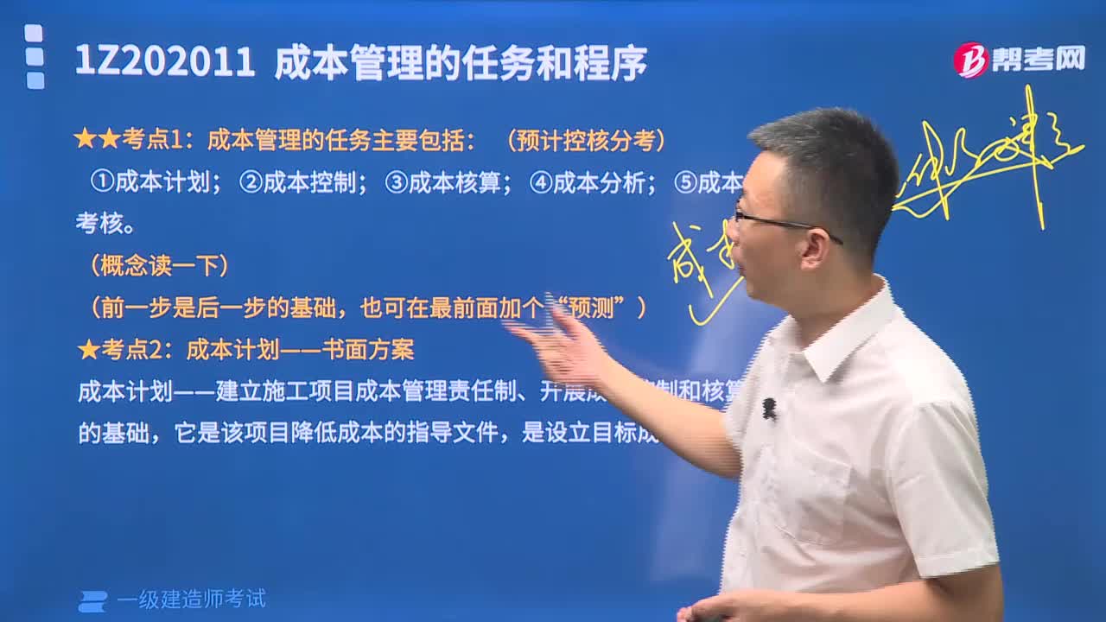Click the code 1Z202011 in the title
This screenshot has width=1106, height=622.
pos(165,63)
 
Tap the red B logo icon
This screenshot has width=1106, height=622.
pos(970,60)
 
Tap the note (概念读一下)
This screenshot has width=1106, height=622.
pos(159,266)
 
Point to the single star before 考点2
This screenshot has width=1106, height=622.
pos(88,349)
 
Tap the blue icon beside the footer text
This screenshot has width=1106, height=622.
pos(92,600)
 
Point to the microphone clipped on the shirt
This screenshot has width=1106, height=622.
pos(768,409)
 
